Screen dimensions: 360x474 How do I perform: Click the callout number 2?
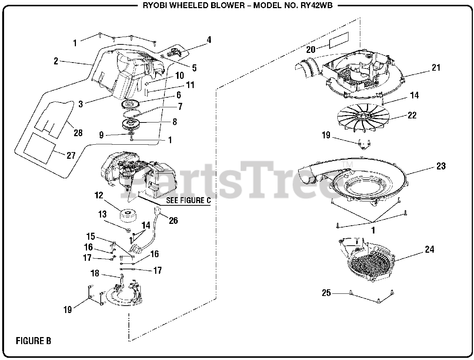point(56,61)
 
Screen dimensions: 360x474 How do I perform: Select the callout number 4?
point(209,40)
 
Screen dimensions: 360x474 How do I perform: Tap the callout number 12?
point(99,196)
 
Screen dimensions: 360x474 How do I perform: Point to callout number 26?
point(173,221)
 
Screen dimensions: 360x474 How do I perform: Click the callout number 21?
point(436,67)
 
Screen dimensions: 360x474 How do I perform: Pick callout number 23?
point(441,166)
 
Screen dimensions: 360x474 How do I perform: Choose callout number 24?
point(429,250)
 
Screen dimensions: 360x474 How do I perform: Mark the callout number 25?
point(326,293)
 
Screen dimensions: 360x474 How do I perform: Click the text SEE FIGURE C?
point(188,201)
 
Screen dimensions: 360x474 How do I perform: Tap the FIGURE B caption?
point(33,341)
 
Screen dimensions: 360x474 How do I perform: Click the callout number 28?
point(78,133)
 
